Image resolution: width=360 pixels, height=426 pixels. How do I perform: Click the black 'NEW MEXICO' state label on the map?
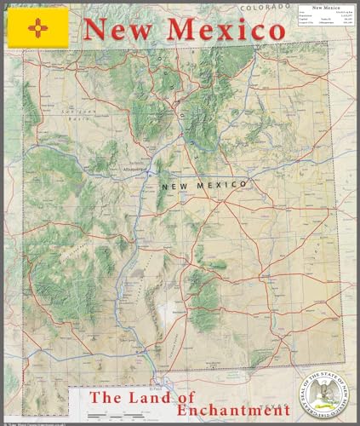203,184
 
